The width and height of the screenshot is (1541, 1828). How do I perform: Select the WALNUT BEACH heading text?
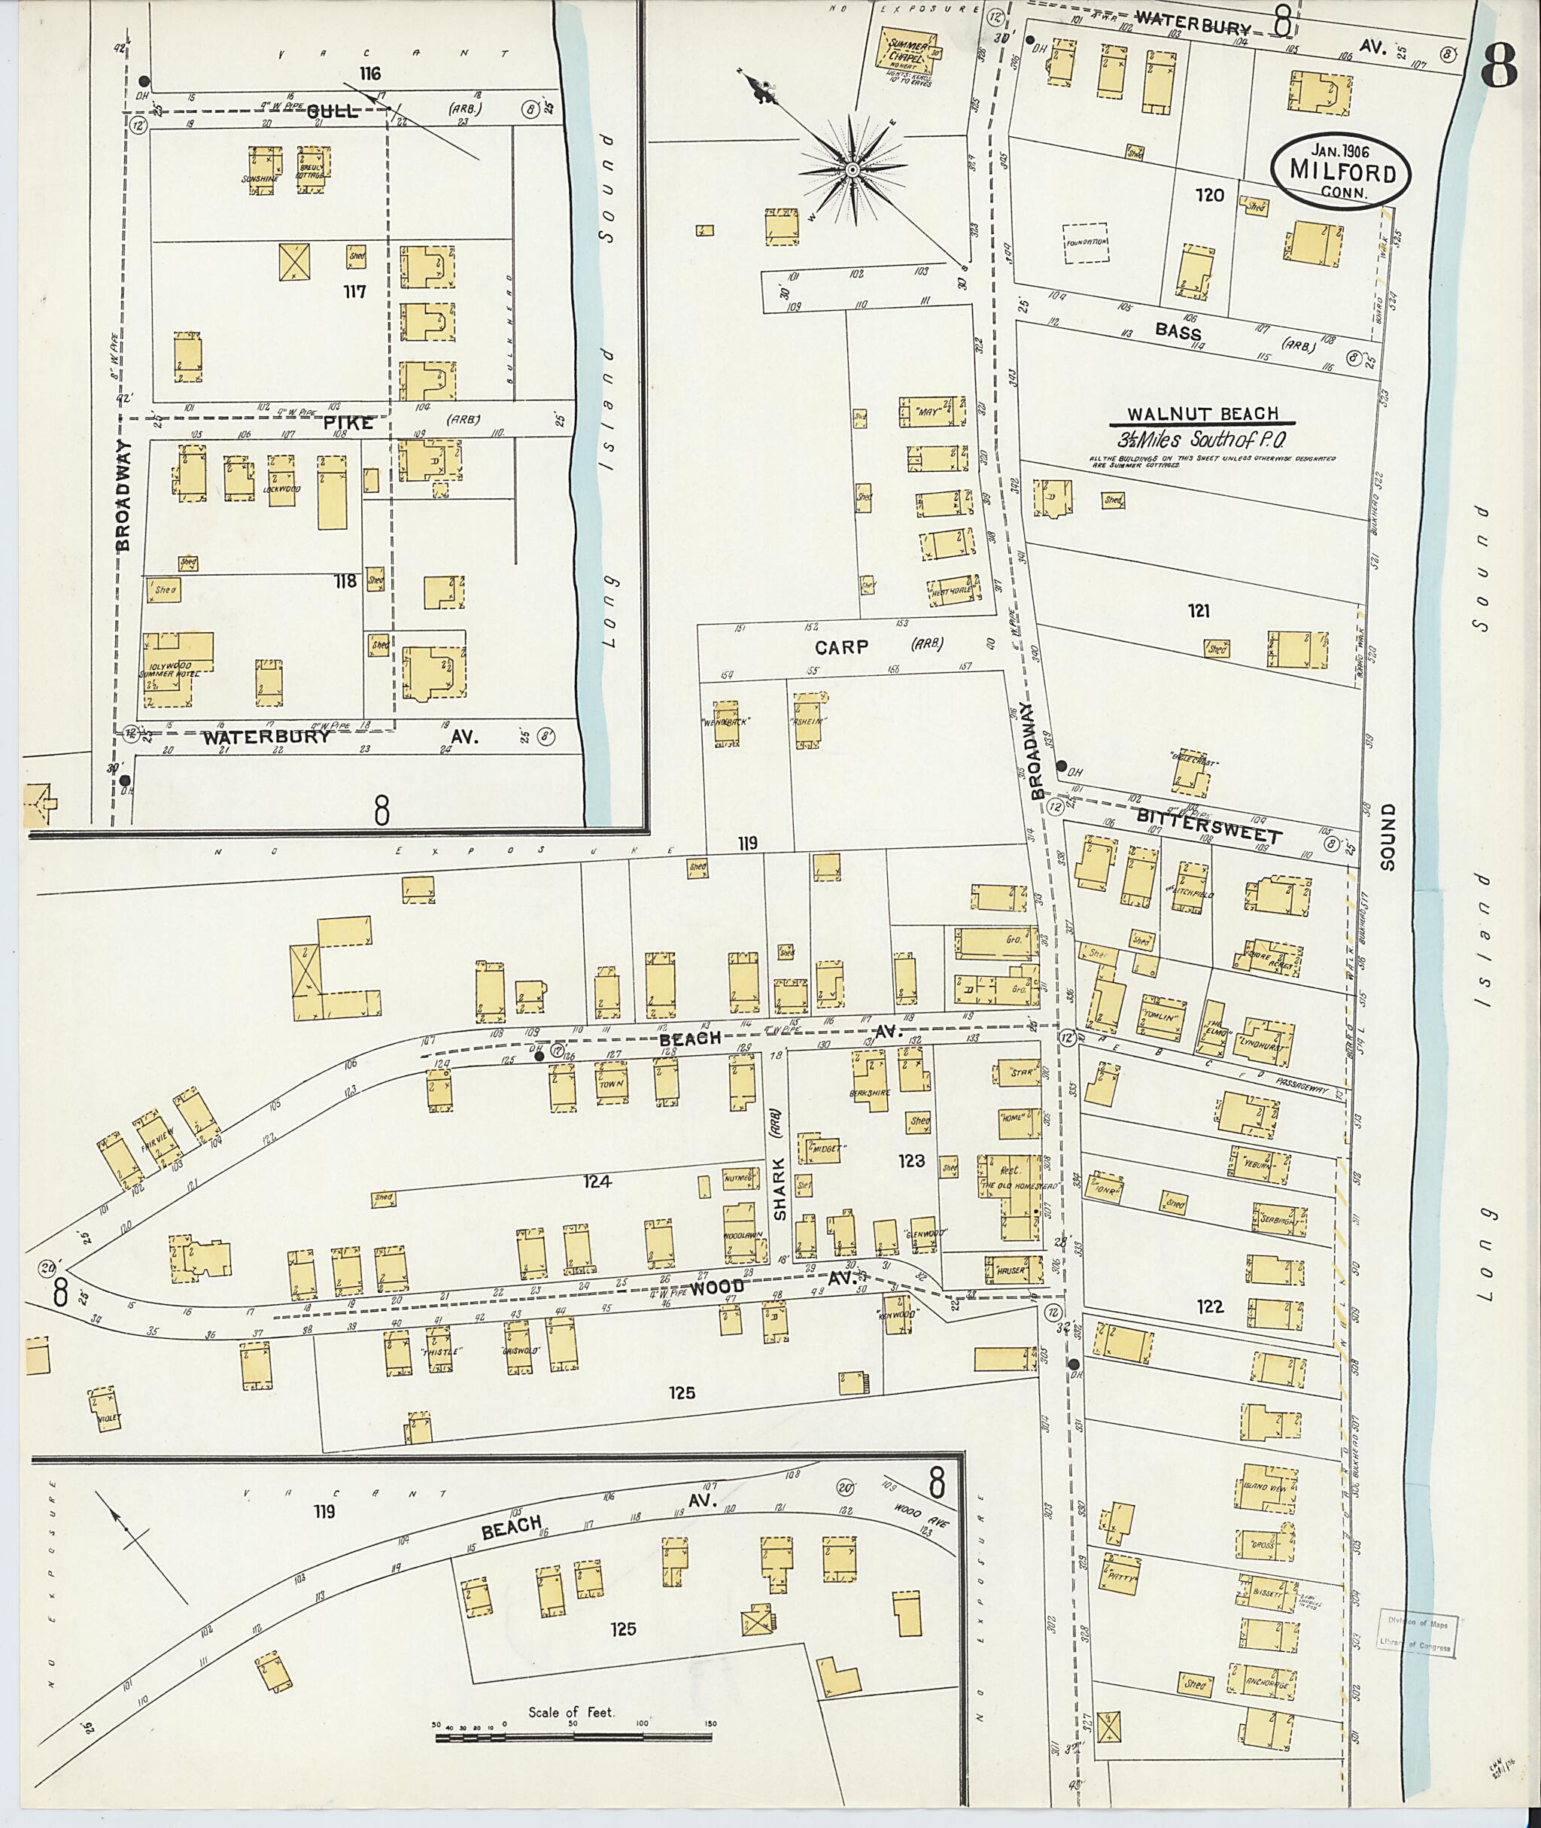(1202, 414)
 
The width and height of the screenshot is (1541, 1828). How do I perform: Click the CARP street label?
(842, 646)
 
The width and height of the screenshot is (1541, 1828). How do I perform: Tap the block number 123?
(910, 1161)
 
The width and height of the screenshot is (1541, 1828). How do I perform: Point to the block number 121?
(1199, 612)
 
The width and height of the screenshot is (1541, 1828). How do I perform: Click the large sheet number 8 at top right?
(1499, 70)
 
